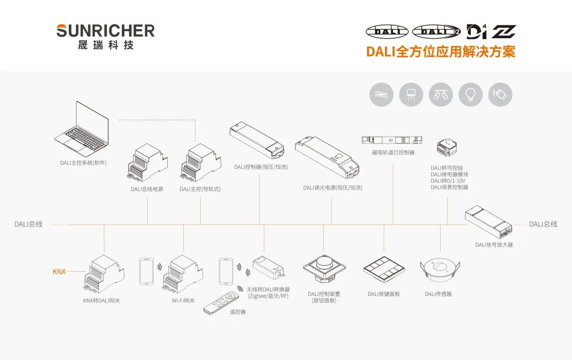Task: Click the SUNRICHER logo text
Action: pyautogui.click(x=105, y=31)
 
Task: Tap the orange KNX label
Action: pyautogui.click(x=59, y=272)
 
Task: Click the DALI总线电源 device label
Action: pyautogui.click(x=147, y=189)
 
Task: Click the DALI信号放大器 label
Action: pyautogui.click(x=494, y=245)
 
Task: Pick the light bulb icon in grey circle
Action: pyautogui.click(x=470, y=95)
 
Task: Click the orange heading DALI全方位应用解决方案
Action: pyautogui.click(x=440, y=51)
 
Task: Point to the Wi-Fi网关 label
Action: pyautogui.click(x=183, y=301)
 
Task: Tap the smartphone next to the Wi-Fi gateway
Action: pyautogui.click(x=147, y=272)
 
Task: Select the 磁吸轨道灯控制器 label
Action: pyautogui.click(x=393, y=152)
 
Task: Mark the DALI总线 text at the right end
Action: pyautogui.click(x=543, y=224)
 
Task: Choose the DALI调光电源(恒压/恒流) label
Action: pyautogui.click(x=333, y=188)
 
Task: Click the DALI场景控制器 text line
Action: pyautogui.click(x=449, y=187)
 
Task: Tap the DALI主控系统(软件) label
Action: pyautogui.click(x=83, y=163)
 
